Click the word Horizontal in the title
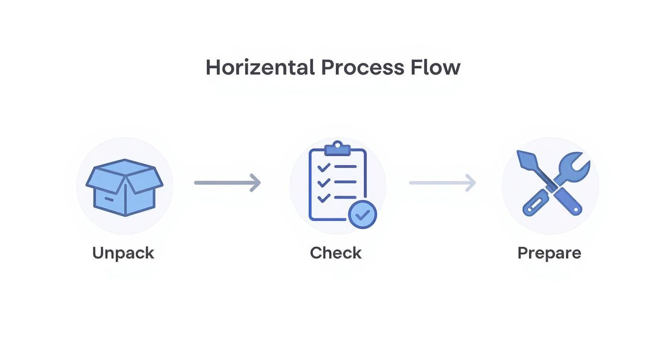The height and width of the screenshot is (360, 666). click(x=260, y=67)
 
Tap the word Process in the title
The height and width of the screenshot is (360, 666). click(x=363, y=67)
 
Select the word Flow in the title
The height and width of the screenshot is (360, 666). click(x=435, y=67)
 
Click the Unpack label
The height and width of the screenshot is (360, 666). click(x=123, y=254)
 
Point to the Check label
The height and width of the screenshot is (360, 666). click(x=336, y=253)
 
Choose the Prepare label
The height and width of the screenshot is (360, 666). click(x=549, y=254)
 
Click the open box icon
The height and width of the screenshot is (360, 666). click(x=124, y=188)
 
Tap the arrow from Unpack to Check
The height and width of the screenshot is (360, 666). click(x=227, y=183)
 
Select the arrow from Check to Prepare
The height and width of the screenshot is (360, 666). click(x=443, y=183)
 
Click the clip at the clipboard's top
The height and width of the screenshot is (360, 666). click(x=337, y=148)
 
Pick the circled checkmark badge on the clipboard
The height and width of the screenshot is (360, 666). click(x=363, y=214)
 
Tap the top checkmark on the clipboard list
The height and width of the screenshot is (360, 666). click(x=324, y=167)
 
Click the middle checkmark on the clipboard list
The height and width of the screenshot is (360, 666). click(x=324, y=182)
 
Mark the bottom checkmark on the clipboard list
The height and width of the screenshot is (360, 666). click(x=324, y=198)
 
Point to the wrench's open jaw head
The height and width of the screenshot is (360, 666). click(x=575, y=166)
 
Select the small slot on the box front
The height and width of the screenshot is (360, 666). click(x=109, y=199)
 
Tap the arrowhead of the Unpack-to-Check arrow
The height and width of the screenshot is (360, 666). click(x=255, y=183)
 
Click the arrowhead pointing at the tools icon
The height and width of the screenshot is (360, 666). click(x=470, y=183)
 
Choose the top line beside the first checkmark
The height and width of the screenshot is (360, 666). click(x=345, y=167)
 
